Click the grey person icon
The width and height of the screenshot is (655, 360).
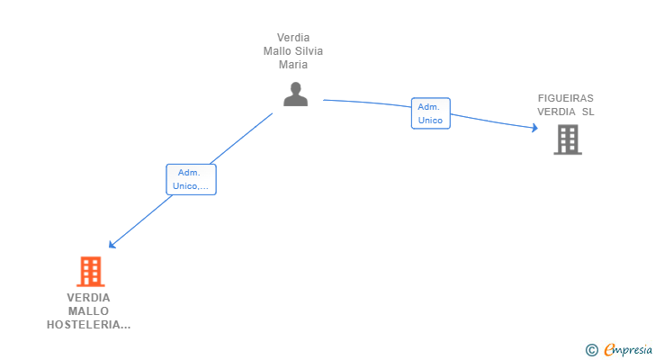click(x=295, y=94)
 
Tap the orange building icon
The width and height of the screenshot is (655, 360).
click(x=90, y=271)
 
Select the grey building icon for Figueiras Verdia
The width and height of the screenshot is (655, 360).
click(x=567, y=139)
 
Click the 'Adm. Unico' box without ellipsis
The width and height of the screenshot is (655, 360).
click(x=430, y=113)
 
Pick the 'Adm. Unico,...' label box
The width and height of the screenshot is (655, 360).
click(x=191, y=179)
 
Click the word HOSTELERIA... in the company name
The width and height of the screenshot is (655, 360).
click(x=88, y=325)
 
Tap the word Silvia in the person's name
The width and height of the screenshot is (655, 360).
click(x=307, y=51)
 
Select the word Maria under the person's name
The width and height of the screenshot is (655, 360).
click(x=293, y=65)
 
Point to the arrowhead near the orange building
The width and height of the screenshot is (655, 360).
click(x=112, y=244)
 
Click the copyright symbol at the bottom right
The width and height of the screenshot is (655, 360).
click(x=591, y=350)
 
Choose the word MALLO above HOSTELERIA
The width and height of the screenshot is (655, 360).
click(x=88, y=311)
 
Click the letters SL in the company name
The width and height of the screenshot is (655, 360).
click(x=588, y=112)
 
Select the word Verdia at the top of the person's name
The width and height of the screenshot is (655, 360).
click(x=293, y=38)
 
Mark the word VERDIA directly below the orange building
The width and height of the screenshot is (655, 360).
click(x=88, y=298)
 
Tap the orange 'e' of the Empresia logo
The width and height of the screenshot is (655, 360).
click(x=609, y=350)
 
